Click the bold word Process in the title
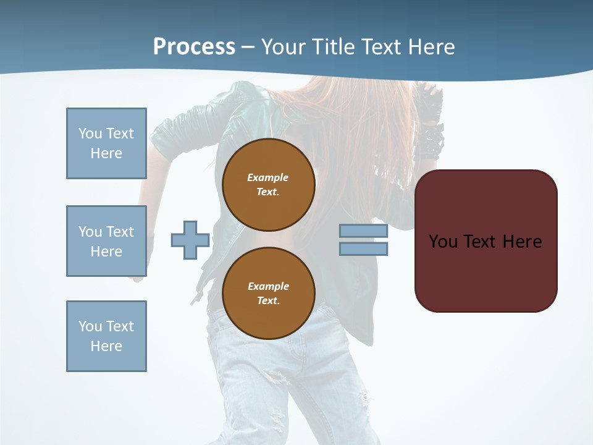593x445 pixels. click(x=194, y=47)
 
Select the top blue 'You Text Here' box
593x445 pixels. click(x=106, y=143)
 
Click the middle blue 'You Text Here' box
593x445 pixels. click(x=106, y=241)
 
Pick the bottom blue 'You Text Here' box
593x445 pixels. click(x=106, y=336)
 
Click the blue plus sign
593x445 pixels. click(x=190, y=240)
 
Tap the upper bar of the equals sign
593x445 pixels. click(x=363, y=231)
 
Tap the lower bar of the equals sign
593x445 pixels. click(x=363, y=248)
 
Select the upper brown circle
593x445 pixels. click(x=268, y=184)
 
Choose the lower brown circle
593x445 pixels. click(x=268, y=293)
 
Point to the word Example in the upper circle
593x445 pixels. click(x=268, y=177)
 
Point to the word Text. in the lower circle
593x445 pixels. click(x=268, y=300)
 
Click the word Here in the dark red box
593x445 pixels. click(x=522, y=242)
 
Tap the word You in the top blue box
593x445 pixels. click(x=90, y=133)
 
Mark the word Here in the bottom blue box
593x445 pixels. click(x=106, y=346)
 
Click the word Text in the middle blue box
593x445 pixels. click(x=120, y=232)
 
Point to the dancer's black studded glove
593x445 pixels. click(x=430, y=124)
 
